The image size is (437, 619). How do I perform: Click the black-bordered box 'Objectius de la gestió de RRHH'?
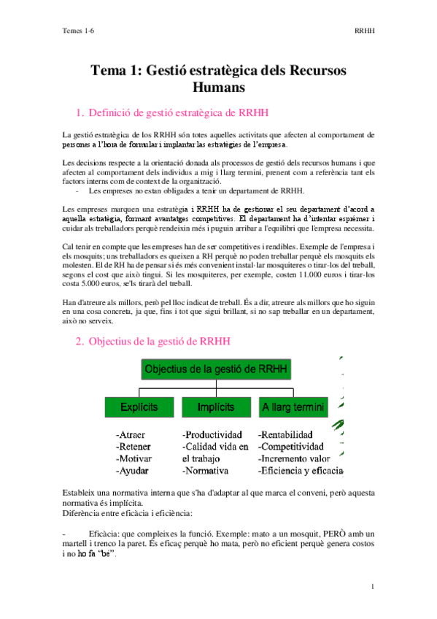(217, 369)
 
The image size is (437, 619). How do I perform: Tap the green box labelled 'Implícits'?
(215, 407)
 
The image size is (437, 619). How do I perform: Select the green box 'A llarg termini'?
(293, 407)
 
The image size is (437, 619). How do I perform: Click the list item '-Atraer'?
(131, 434)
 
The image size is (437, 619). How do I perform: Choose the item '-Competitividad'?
(298, 446)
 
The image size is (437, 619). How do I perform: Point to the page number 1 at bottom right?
(372, 586)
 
